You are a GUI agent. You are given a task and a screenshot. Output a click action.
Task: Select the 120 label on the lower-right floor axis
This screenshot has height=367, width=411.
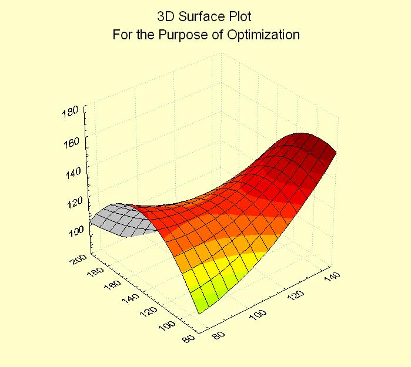298,297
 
